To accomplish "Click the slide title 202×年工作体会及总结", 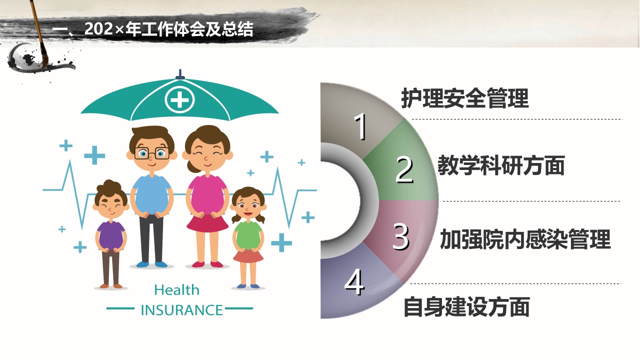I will pyautogui.click(x=153, y=29).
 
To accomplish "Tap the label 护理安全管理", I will pyautogui.click(x=464, y=98).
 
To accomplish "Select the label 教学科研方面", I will pyautogui.click(x=501, y=165).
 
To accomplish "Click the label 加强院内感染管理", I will pyautogui.click(x=525, y=239).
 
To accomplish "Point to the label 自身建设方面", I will pyautogui.click(x=466, y=306).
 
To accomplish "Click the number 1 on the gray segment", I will pyautogui.click(x=360, y=126).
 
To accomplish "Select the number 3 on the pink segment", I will pyautogui.click(x=400, y=236).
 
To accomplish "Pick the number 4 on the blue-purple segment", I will pyautogui.click(x=354, y=283).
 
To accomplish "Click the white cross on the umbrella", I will pyautogui.click(x=179, y=100).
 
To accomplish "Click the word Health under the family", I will pyautogui.click(x=176, y=290).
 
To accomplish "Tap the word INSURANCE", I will pyautogui.click(x=181, y=310).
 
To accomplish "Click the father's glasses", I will pyautogui.click(x=151, y=153).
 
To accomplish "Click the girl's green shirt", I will pyautogui.click(x=248, y=235).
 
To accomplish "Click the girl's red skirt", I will pyautogui.click(x=248, y=256).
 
